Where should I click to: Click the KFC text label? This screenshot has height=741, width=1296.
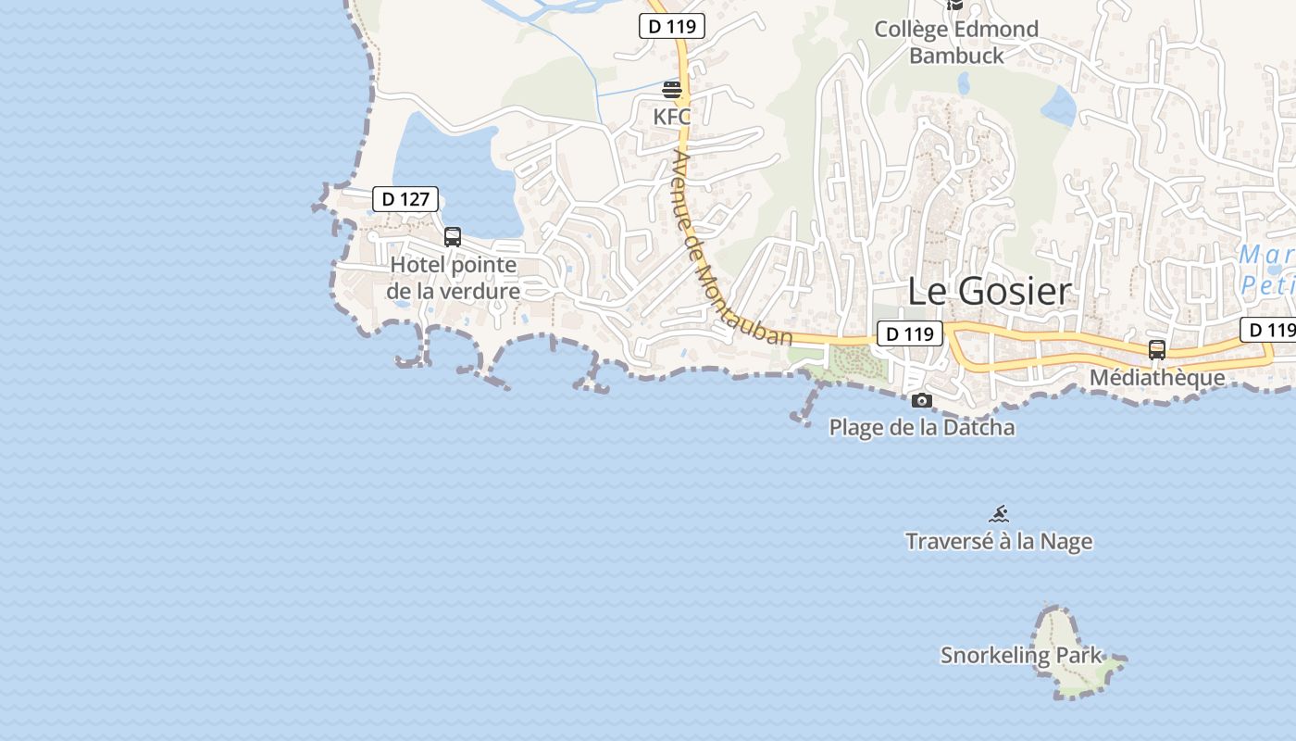click(672, 118)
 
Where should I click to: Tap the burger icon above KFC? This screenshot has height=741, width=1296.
click(672, 90)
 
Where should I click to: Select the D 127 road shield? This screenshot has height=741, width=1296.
click(405, 198)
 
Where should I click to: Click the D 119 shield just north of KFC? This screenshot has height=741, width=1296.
click(672, 26)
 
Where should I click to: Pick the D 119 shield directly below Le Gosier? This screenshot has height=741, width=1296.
click(909, 333)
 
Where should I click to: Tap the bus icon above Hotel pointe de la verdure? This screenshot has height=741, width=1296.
click(453, 236)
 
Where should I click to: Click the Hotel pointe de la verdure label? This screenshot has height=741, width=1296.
click(454, 278)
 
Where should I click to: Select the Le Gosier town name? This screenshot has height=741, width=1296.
click(989, 291)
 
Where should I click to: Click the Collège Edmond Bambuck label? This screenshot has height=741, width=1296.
click(956, 42)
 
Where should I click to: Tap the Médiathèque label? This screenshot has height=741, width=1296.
click(1156, 377)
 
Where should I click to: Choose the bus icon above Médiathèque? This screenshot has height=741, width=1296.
click(1156, 349)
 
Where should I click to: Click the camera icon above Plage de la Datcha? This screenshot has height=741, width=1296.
click(921, 400)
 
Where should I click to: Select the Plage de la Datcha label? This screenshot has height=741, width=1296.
click(921, 427)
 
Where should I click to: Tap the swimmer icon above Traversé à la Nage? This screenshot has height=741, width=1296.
click(998, 514)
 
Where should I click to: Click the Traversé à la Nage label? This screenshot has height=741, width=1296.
click(998, 541)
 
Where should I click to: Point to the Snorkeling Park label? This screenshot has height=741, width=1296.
click(1021, 655)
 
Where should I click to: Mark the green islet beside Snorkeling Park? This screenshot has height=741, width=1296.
click(1074, 676)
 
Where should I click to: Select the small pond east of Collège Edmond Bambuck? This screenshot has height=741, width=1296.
click(1059, 107)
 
